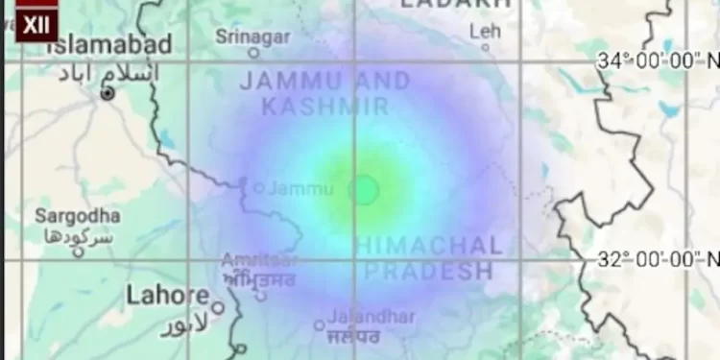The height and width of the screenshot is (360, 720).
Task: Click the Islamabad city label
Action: (98, 44)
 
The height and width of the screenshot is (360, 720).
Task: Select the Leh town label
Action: (486, 32)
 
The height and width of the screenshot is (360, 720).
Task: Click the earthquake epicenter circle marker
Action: (364, 189)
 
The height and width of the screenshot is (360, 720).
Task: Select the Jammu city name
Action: (300, 189)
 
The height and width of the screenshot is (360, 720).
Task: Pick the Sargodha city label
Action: (78, 216)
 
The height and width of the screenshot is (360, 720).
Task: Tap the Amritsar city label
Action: (258, 260)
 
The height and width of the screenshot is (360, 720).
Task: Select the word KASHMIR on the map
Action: (326, 106)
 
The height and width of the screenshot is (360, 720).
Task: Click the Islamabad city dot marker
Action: (108, 93)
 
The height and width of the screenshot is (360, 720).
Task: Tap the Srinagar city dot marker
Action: (253, 54)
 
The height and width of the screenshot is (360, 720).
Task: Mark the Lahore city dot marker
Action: (218, 308)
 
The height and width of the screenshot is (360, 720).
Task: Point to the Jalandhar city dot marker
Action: (319, 324)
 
